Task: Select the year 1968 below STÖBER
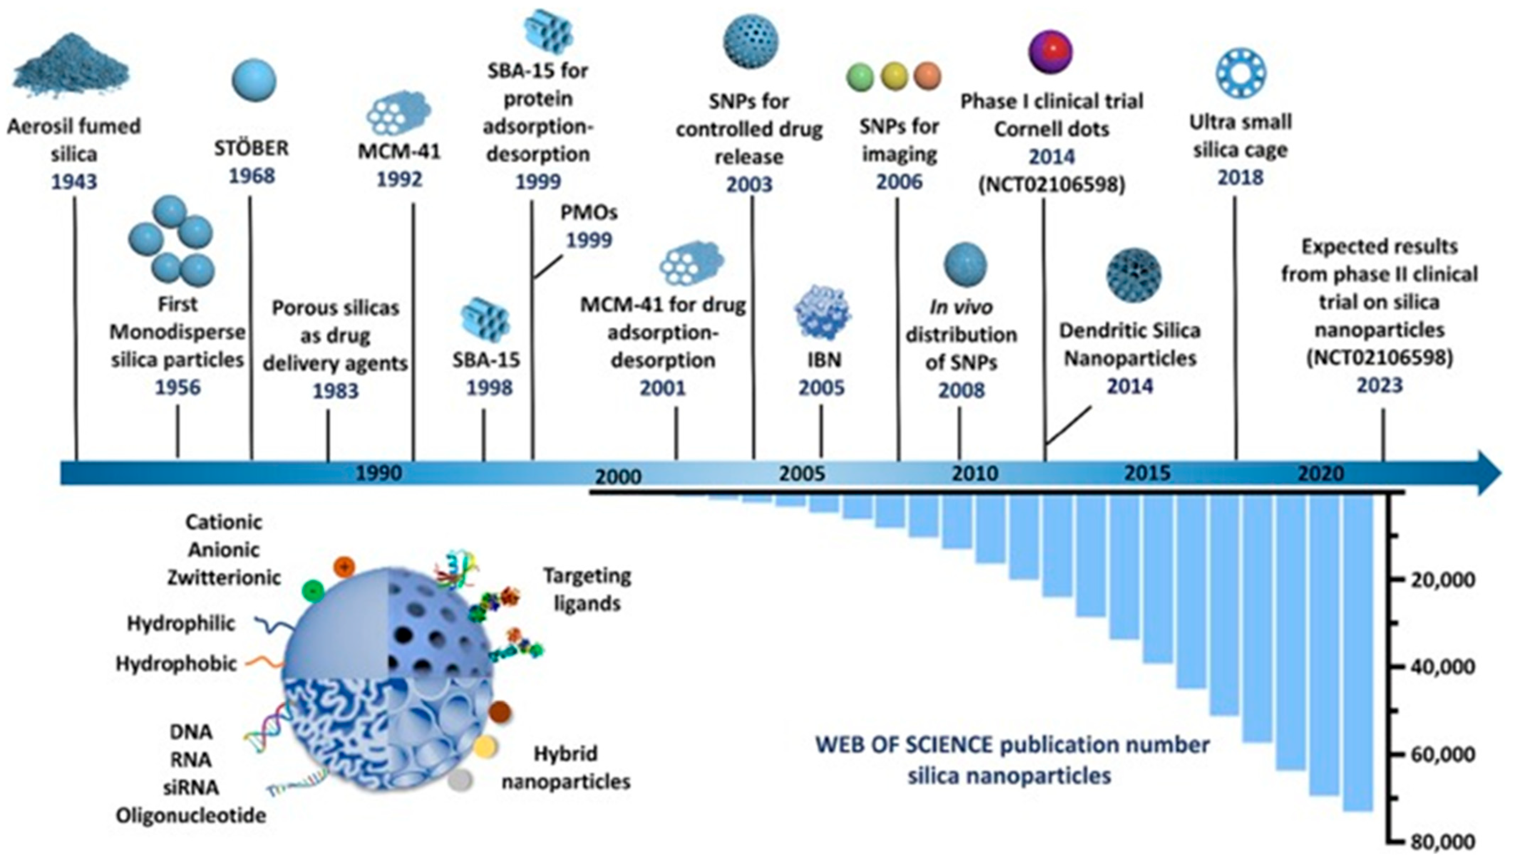[x=252, y=176]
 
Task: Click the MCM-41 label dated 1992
[x=399, y=151]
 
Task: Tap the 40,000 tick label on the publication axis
[x=1442, y=667]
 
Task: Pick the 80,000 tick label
[x=1442, y=842]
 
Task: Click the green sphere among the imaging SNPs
[x=860, y=77]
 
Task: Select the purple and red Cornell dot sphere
[x=1050, y=52]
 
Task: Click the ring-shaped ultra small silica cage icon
[x=1241, y=73]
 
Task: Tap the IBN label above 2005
[x=824, y=360]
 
